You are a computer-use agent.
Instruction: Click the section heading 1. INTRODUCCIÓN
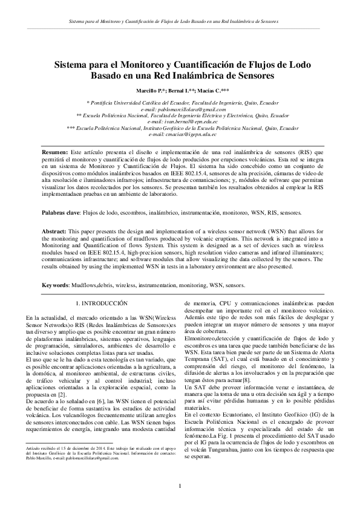pos(100,301)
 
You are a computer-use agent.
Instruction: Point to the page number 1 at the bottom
pos(180,487)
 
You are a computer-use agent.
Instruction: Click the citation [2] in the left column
pos(71,393)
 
